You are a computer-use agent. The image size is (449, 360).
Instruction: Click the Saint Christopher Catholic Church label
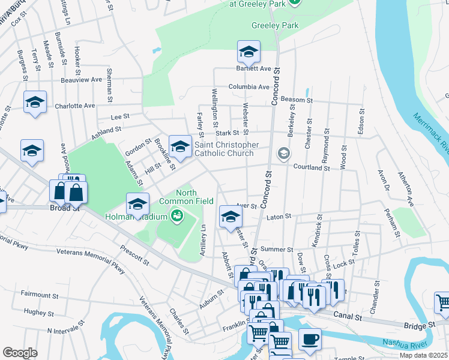click(226, 149)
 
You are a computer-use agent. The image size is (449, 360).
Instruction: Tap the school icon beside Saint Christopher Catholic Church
click(181, 146)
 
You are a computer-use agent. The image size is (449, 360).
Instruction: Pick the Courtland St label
click(311, 169)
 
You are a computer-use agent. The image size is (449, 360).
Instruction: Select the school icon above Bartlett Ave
click(249, 53)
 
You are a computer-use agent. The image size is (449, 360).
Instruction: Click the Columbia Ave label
click(249, 86)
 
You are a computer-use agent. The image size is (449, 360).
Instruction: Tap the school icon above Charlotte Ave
click(35, 103)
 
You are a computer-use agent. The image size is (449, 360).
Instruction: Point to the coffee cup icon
click(310, 340)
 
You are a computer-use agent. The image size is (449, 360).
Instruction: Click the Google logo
click(20, 353)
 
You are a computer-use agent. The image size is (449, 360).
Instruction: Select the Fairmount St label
click(39, 295)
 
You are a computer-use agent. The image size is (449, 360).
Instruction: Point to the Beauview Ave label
click(81, 80)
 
